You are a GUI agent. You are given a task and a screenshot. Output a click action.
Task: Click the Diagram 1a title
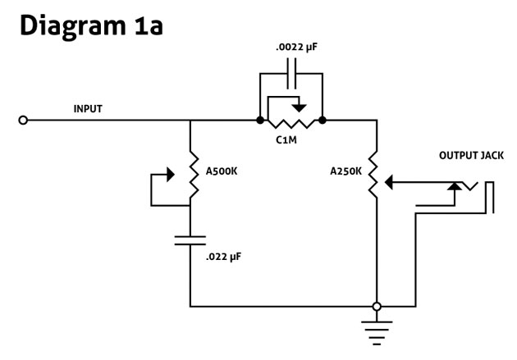pyautogui.click(x=91, y=26)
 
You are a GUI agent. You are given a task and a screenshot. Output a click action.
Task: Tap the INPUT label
pyautogui.click(x=88, y=109)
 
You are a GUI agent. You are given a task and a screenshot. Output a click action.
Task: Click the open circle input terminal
pyautogui.click(x=23, y=121)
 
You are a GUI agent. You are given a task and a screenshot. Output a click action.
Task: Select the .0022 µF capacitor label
pyautogui.click(x=296, y=48)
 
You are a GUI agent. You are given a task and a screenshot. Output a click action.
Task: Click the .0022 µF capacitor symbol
pyautogui.click(x=291, y=74)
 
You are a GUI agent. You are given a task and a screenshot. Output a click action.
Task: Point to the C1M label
pyautogui.click(x=286, y=140)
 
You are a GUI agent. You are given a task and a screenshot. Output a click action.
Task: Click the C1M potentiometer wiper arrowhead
pyautogui.click(x=300, y=107)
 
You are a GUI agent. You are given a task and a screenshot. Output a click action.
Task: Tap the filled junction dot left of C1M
pyautogui.click(x=260, y=121)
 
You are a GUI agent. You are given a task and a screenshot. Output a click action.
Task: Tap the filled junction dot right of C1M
pyautogui.click(x=323, y=121)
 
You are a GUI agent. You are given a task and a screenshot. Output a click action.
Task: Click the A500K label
pyautogui.click(x=222, y=171)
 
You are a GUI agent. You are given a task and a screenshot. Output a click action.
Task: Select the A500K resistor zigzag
pyautogui.click(x=193, y=175)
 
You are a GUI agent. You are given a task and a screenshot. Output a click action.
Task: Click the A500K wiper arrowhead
pyautogui.click(x=171, y=175)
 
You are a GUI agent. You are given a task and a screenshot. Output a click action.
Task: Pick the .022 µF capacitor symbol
pyautogui.click(x=190, y=240)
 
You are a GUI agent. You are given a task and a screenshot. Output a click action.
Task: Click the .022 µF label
pyautogui.click(x=223, y=257)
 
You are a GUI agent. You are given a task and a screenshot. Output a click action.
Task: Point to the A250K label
pyautogui.click(x=345, y=171)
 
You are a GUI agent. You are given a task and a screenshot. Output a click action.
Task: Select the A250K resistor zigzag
pyautogui.click(x=373, y=175)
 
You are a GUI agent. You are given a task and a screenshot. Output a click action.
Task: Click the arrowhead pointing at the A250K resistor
pyautogui.click(x=389, y=183)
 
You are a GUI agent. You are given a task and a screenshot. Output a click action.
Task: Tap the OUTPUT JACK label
pyautogui.click(x=471, y=156)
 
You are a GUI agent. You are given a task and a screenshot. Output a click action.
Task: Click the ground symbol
pyautogui.click(x=377, y=333)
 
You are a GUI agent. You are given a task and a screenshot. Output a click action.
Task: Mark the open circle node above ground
pyautogui.click(x=377, y=307)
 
